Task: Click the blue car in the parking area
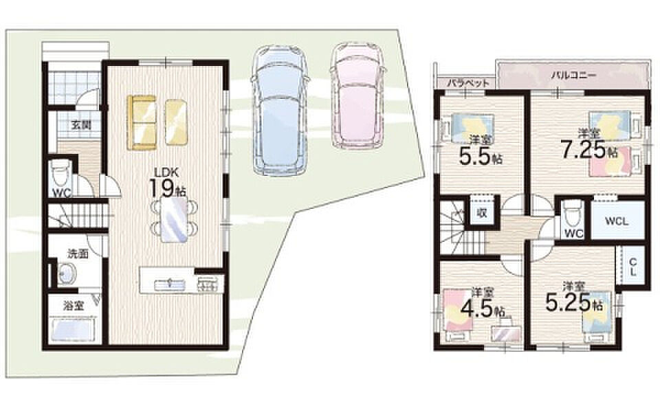[280, 111]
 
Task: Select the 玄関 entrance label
[81, 125]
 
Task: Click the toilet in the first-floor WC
[58, 173]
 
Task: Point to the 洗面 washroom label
[78, 253]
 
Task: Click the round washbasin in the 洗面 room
[67, 273]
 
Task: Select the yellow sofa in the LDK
[142, 122]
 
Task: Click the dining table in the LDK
[174, 220]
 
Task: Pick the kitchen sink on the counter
[170, 285]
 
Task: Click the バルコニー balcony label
[573, 76]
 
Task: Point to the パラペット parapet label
[468, 82]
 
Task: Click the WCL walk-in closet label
[617, 221]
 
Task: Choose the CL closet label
[633, 267]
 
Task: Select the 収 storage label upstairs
[482, 213]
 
